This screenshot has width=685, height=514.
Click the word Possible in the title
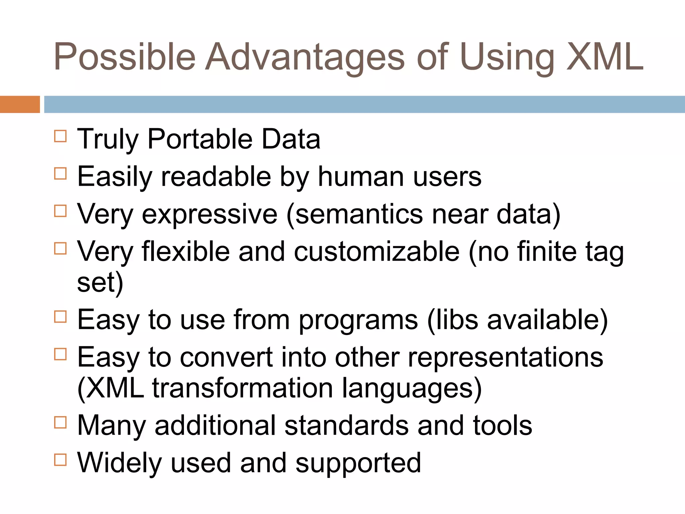pyautogui.click(x=124, y=57)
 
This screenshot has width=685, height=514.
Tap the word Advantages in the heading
pyautogui.click(x=304, y=57)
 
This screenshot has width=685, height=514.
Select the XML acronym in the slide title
pyautogui.click(x=605, y=57)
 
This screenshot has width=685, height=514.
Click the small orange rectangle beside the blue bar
pyautogui.click(x=20, y=104)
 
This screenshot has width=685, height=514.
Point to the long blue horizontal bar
pyautogui.click(x=364, y=104)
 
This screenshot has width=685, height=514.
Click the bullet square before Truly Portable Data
pyautogui.click(x=60, y=136)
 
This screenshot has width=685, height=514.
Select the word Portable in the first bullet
pyautogui.click(x=200, y=140)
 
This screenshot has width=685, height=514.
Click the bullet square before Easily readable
pyautogui.click(x=60, y=174)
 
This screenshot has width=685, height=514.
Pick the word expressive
pyautogui.click(x=210, y=214)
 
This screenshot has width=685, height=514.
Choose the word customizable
pyautogui.click(x=377, y=252)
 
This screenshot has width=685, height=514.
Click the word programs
pyautogui.click(x=358, y=320)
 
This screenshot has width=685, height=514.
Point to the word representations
pyautogui.click(x=505, y=357)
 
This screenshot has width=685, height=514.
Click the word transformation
pyautogui.click(x=242, y=389)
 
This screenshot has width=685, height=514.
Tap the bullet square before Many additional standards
pyautogui.click(x=60, y=422)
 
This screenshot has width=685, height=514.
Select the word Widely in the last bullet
pyautogui.click(x=119, y=463)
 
